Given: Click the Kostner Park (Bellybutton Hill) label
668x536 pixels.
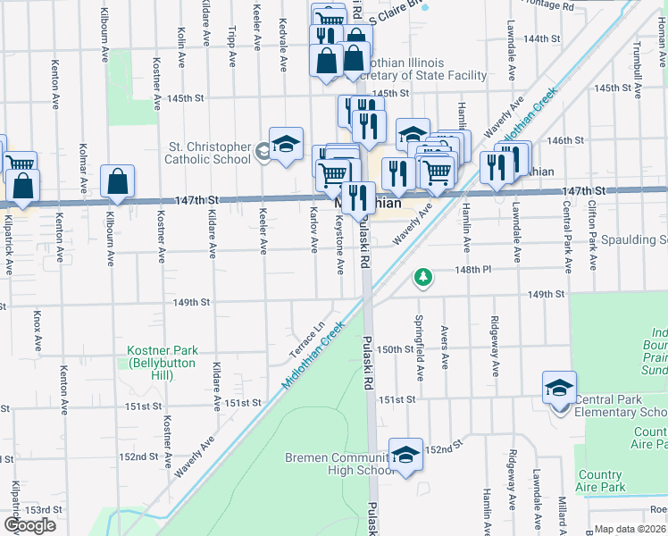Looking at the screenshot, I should pyautogui.click(x=162, y=363).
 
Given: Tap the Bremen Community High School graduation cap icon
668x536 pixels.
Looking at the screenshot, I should pyautogui.click(x=406, y=455).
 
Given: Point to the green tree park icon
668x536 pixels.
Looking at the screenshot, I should pyautogui.click(x=422, y=279).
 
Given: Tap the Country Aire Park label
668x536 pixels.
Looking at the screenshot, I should pyautogui.click(x=612, y=481).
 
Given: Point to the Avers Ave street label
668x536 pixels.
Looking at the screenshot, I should pyautogui.click(x=445, y=347).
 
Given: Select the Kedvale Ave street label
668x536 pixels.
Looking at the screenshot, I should pyautogui.click(x=283, y=34).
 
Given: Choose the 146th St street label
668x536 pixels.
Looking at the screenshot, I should pyautogui.click(x=565, y=140).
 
